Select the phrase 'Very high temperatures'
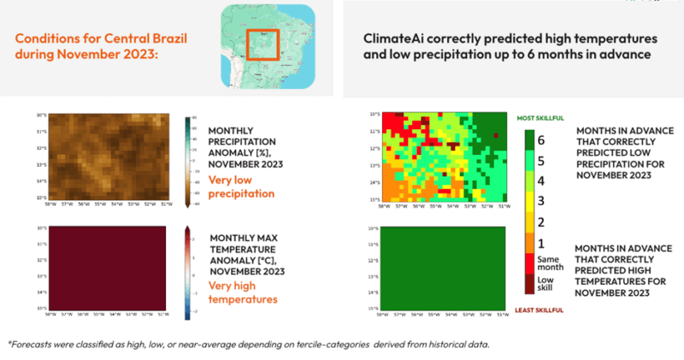point(243,293)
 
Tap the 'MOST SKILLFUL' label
point(539,117)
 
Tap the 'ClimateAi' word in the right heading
point(386,40)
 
